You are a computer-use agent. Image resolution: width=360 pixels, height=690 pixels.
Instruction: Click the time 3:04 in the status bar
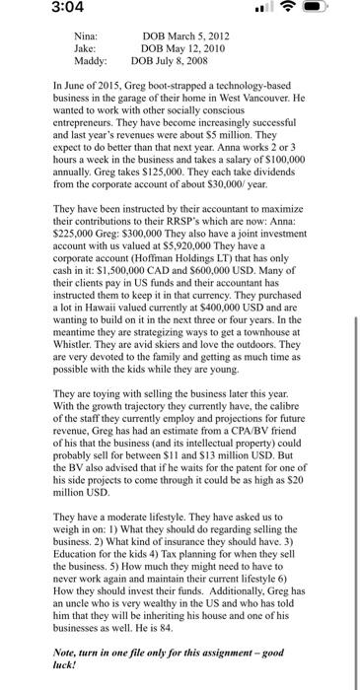pos(35,14)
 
